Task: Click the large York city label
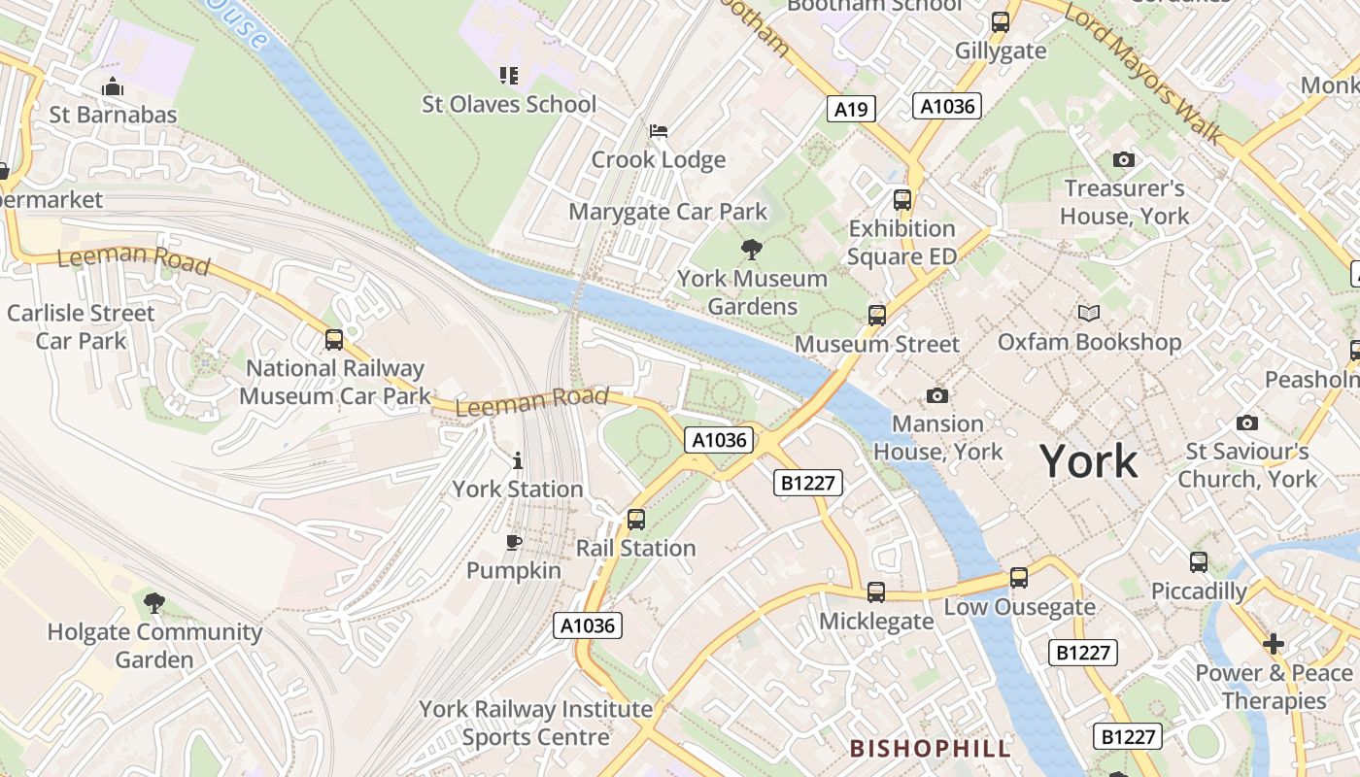point(1089,460)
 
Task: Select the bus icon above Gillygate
point(1001,22)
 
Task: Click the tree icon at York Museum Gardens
point(751,250)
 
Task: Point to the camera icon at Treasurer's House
point(1124,159)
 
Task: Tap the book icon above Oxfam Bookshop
point(1089,313)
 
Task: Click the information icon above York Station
point(518,460)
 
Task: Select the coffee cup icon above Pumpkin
point(514,542)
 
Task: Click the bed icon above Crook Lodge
point(659,130)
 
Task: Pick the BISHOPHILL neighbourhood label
point(931,748)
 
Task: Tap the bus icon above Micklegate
point(876,591)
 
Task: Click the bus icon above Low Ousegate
point(1019,578)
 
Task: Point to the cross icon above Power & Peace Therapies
point(1274,644)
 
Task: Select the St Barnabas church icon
point(113,86)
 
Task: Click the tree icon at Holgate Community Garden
point(154,603)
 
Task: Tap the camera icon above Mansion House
point(937,395)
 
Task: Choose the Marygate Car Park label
point(667,212)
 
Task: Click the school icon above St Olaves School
point(509,75)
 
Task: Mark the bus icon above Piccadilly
point(1199,562)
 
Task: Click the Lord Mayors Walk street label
point(1142,72)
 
